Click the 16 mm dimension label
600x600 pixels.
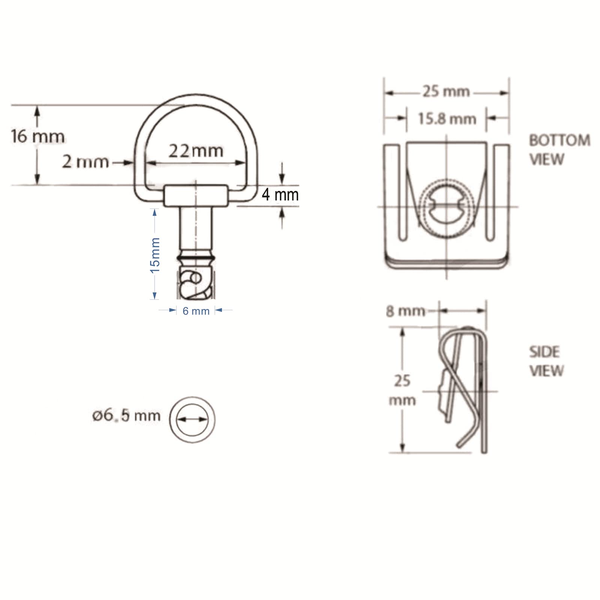tap(37, 136)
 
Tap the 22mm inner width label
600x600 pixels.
tap(195, 151)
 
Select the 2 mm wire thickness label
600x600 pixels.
tap(85, 162)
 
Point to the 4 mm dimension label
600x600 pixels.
tap(280, 195)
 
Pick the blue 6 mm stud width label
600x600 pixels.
tap(196, 311)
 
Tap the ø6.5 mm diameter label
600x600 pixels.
tap(126, 415)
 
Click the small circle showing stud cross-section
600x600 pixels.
tap(192, 419)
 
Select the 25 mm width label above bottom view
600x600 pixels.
tap(446, 91)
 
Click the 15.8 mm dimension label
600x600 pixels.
tap(447, 119)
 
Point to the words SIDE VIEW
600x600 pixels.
tap(546, 361)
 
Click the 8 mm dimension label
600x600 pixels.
tap(405, 311)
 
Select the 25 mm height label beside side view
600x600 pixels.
tap(402, 390)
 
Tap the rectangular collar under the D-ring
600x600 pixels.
tap(195, 195)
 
